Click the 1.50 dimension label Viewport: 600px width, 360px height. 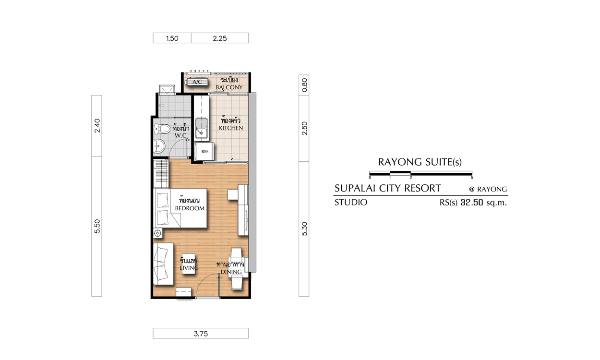point(172,38)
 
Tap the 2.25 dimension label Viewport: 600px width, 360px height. point(220,38)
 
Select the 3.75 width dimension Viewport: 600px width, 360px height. point(201,334)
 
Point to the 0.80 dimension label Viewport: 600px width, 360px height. point(304,85)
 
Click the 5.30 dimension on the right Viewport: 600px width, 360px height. point(304,229)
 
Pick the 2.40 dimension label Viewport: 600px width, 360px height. point(97,126)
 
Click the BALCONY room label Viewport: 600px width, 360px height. point(229,87)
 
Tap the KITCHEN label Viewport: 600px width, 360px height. point(231,128)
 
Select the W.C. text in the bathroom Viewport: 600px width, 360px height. point(181,135)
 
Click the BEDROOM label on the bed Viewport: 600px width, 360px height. point(190,208)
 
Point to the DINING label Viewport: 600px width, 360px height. point(231,272)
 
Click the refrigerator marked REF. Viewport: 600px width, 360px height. point(204,152)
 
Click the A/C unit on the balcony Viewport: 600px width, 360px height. point(197,82)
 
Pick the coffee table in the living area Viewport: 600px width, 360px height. point(189,264)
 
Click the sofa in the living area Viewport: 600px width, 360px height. point(163,264)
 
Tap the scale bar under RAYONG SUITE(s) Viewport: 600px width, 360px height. point(420,173)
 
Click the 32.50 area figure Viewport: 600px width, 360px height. point(471,203)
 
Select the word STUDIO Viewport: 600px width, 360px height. point(350,203)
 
